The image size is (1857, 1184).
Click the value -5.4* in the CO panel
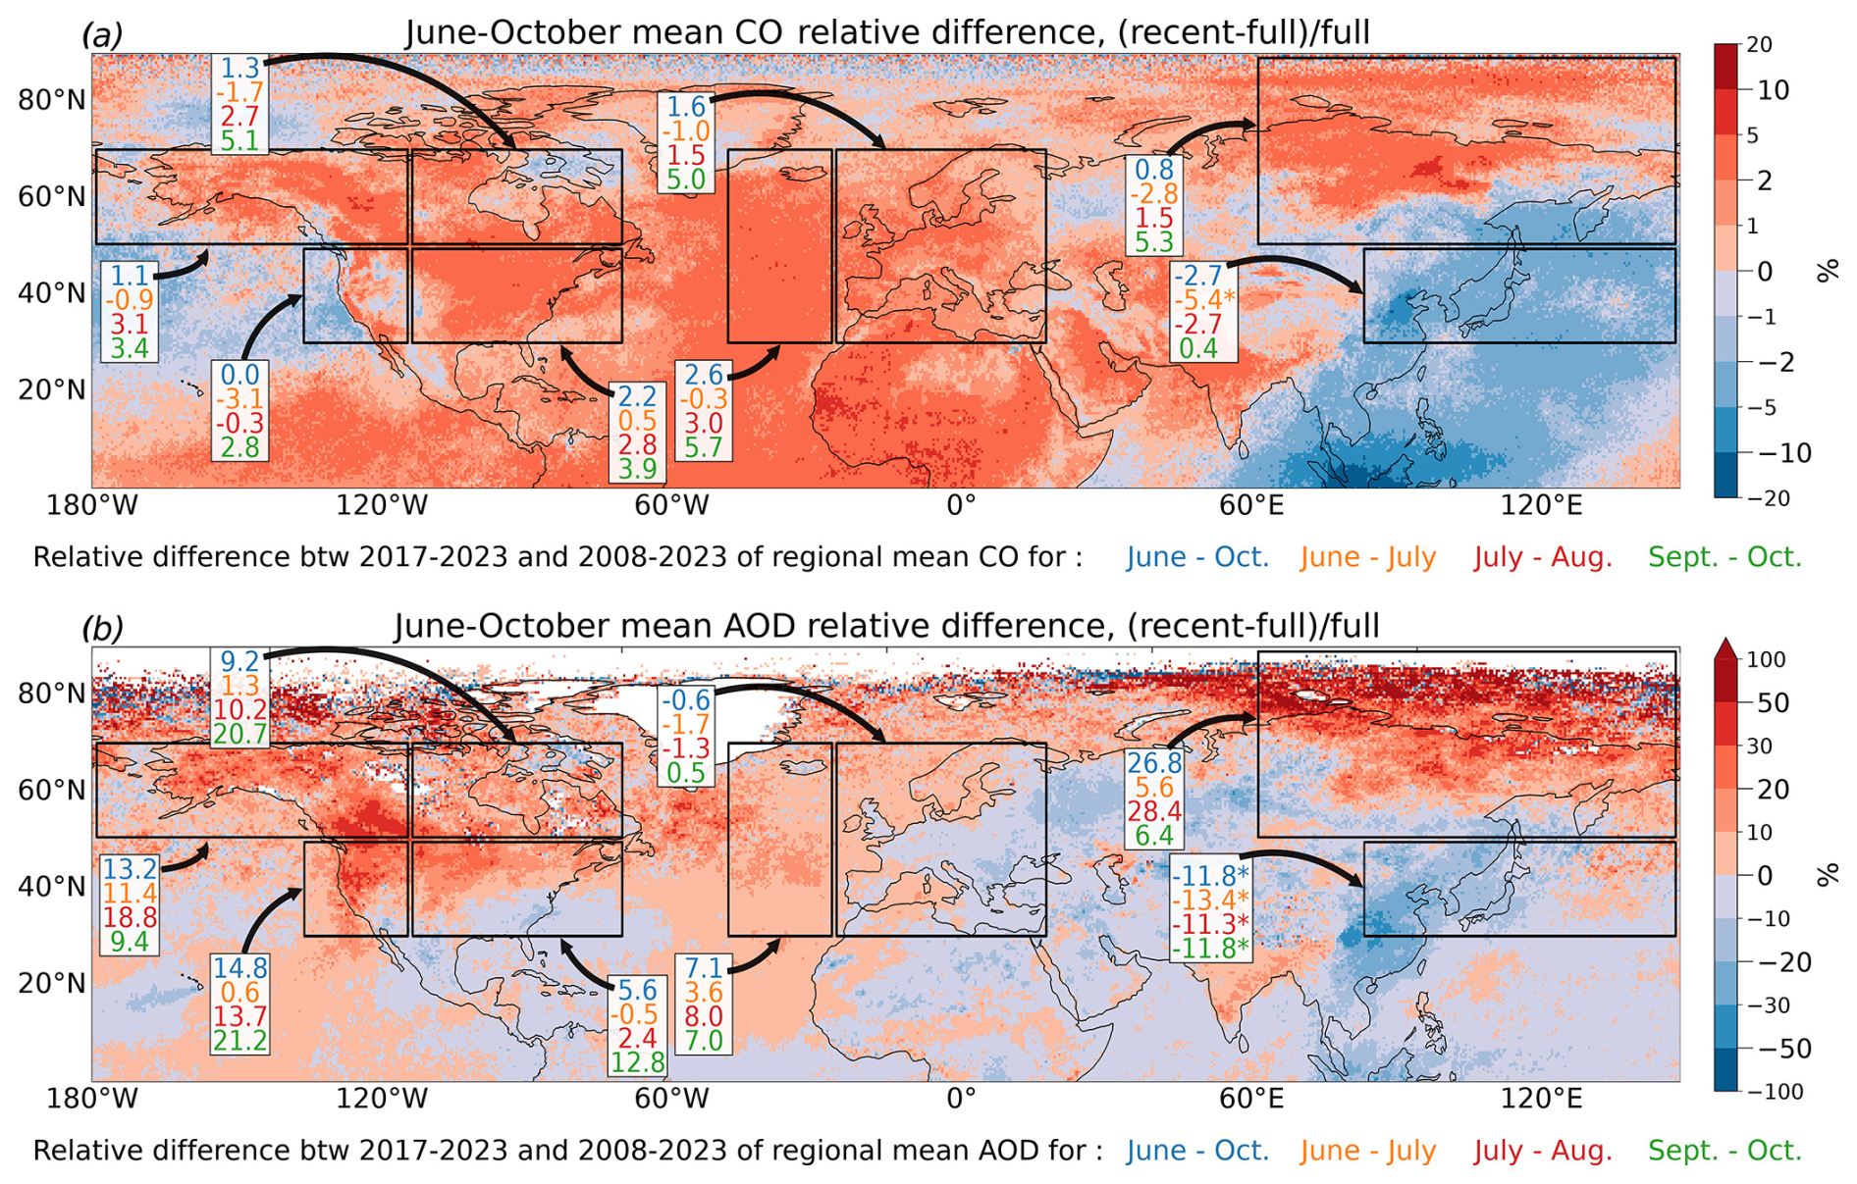pos(1203,300)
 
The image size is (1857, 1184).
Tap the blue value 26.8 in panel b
pos(1154,763)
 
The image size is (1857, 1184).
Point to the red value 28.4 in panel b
pos(1154,811)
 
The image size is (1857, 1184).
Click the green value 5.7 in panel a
pos(704,447)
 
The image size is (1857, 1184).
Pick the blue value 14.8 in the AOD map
pos(239,968)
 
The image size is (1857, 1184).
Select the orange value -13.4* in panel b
pos(1210,900)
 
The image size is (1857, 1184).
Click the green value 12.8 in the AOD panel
pos(638,1062)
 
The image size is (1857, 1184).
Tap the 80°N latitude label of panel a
pos(52,100)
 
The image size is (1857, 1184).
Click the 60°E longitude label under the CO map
pos(1251,506)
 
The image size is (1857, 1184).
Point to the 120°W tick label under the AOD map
pos(383,1100)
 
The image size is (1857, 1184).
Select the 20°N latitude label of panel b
pos(52,984)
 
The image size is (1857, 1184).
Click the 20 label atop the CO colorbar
pos(1760,45)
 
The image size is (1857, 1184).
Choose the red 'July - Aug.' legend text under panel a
pos(1543,557)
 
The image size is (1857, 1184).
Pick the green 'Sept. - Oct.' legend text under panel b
pos(1724,1151)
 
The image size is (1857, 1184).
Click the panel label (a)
pos(102,35)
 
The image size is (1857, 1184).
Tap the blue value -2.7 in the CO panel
pos(1199,276)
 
